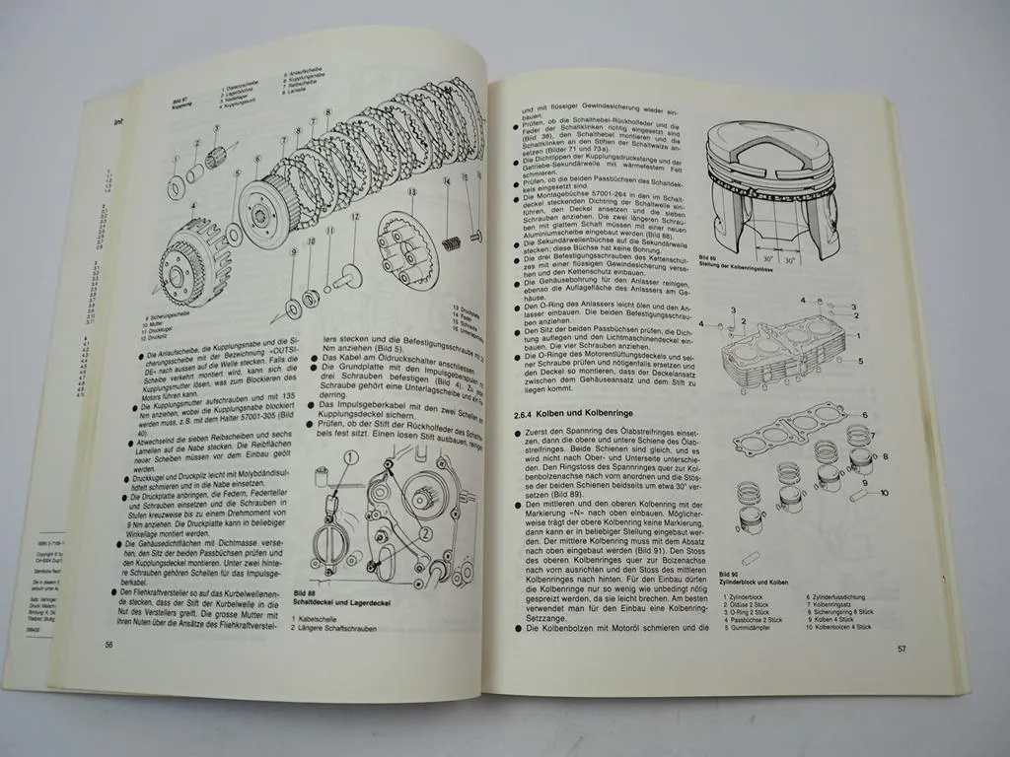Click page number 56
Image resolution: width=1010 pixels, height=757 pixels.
click(x=109, y=644)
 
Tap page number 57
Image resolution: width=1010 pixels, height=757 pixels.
click(x=902, y=649)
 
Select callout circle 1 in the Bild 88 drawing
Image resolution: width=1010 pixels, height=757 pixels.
click(x=353, y=457)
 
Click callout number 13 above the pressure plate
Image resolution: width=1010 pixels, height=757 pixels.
click(x=412, y=193)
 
